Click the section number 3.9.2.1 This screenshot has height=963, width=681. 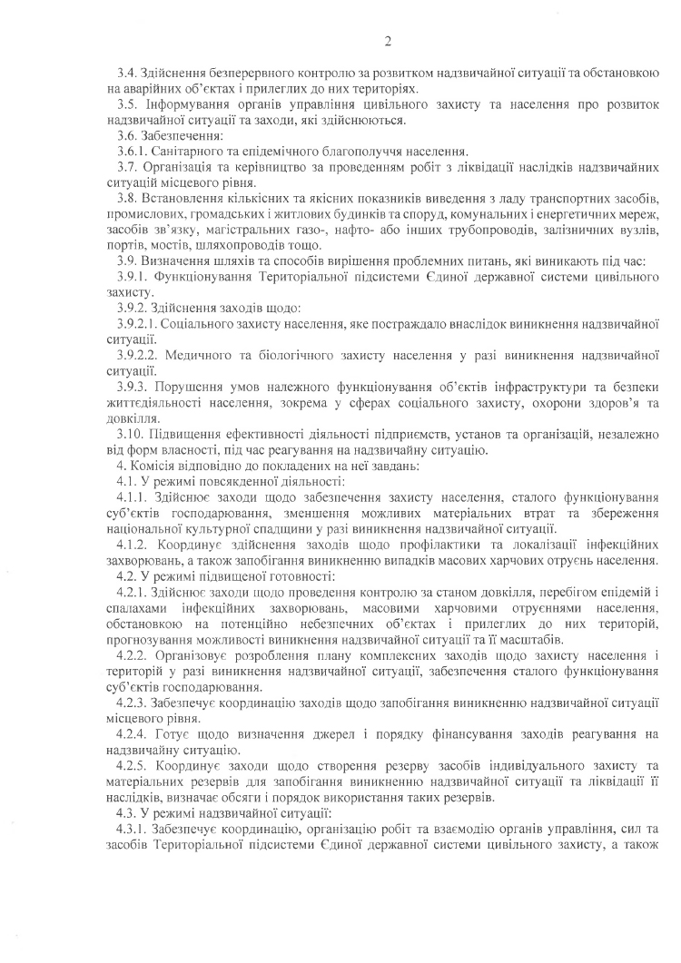(138, 322)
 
